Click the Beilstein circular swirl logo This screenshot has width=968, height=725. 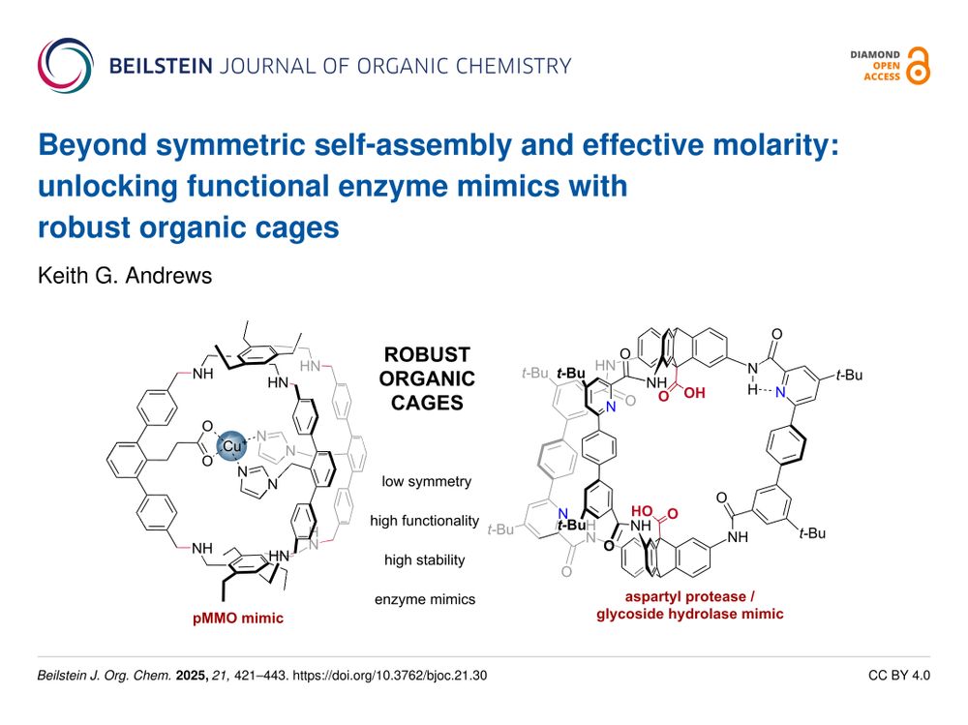click(x=66, y=66)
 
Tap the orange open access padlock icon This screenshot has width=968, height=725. click(x=918, y=66)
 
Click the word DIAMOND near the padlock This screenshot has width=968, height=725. click(x=875, y=55)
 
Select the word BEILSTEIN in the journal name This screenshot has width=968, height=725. click(x=161, y=66)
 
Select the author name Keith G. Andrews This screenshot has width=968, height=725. click(x=125, y=276)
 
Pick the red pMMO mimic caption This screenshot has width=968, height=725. click(x=238, y=619)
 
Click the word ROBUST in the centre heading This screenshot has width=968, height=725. click(x=427, y=354)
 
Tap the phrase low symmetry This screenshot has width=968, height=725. click(x=426, y=481)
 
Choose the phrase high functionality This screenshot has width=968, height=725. click(x=425, y=521)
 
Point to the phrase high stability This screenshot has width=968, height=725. click(x=425, y=560)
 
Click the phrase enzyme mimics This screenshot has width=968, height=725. click(x=425, y=599)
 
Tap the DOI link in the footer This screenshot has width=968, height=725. click(x=389, y=676)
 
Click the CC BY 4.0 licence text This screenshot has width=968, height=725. click(x=899, y=676)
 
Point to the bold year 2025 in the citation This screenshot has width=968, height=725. click(x=192, y=676)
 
